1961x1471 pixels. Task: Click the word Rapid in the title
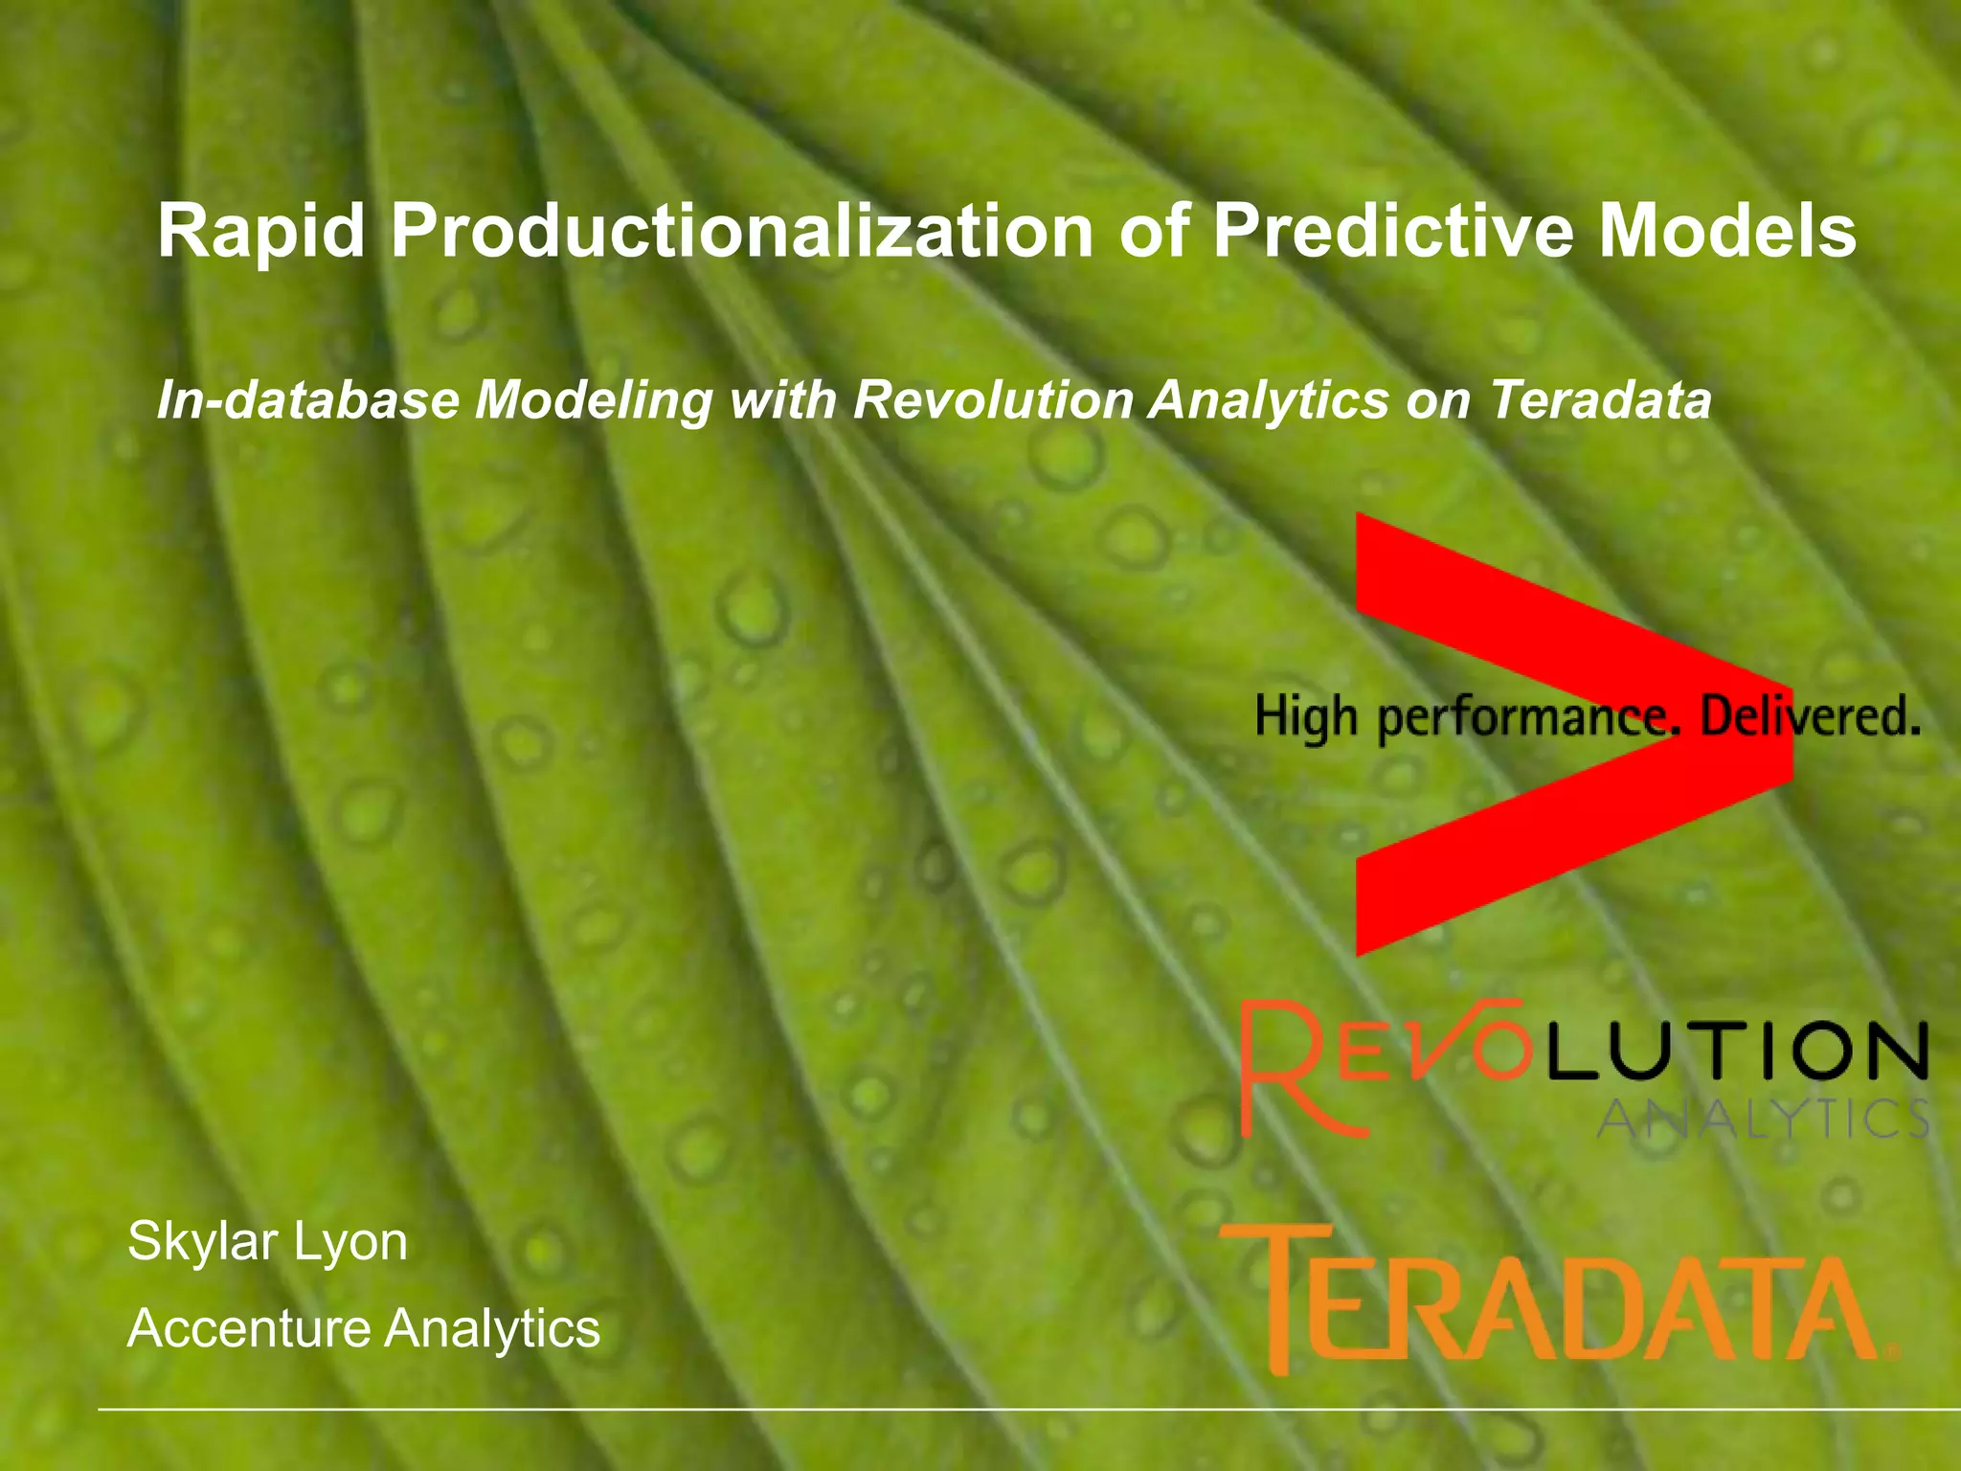tap(261, 232)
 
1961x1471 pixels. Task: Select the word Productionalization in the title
tap(742, 232)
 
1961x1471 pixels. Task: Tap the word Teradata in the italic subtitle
tap(1600, 399)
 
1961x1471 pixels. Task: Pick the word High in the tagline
tap(1306, 718)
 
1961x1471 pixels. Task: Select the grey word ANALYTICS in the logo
tap(1762, 1119)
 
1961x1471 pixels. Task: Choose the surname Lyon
tap(350, 1243)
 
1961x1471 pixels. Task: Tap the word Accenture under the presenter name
tap(249, 1328)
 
